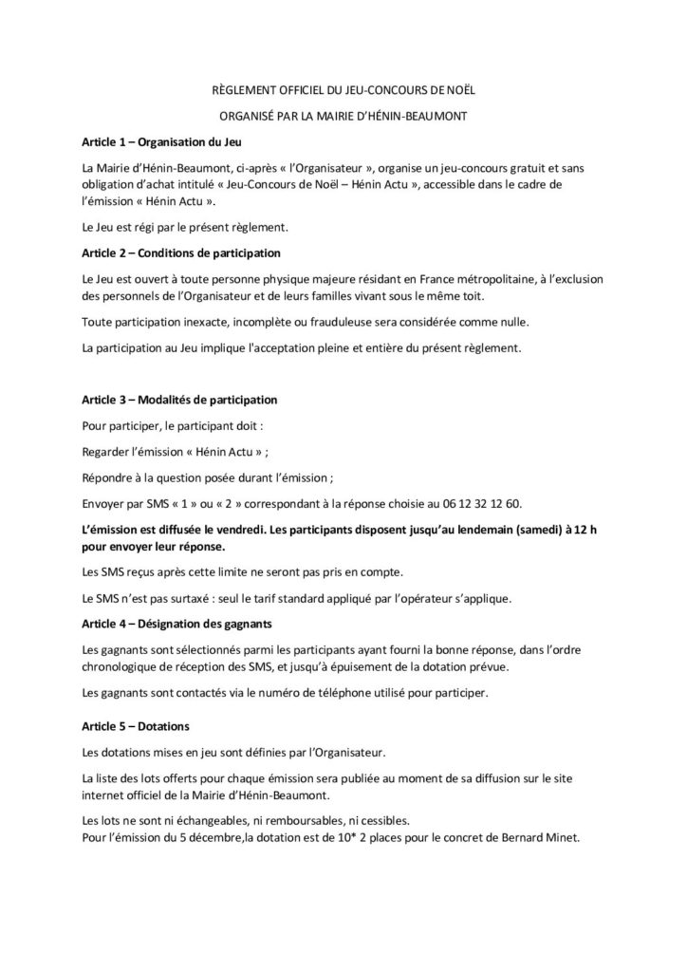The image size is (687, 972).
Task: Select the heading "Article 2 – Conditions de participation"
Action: (x=176, y=253)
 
